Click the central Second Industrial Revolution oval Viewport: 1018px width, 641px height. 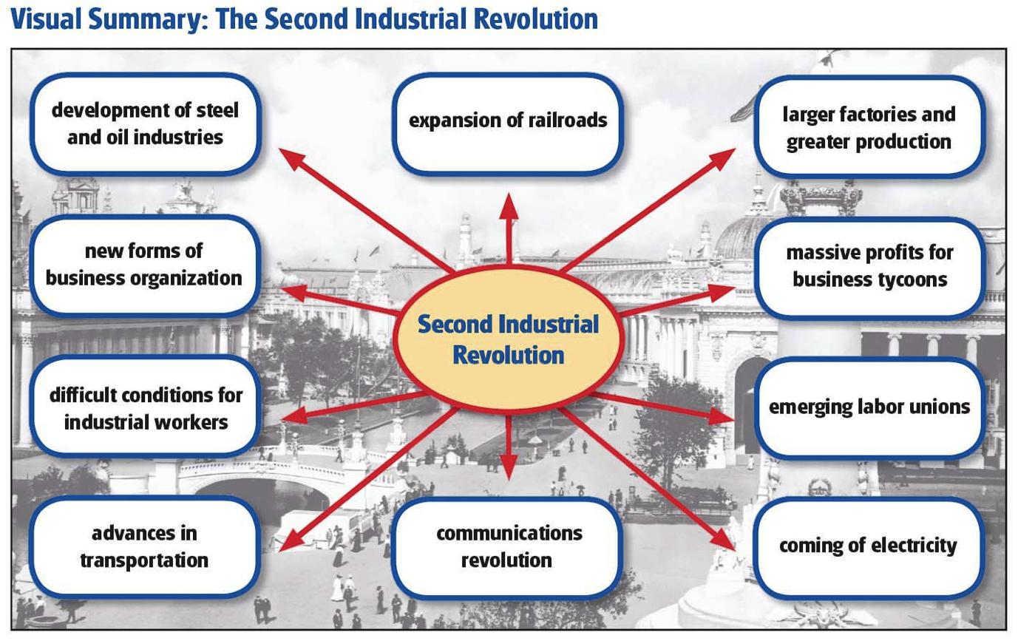tap(508, 339)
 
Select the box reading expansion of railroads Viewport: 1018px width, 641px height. tap(508, 123)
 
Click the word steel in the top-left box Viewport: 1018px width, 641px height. tap(217, 110)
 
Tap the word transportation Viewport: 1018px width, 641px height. tap(144, 560)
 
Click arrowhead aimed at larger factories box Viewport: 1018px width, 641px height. tap(723, 159)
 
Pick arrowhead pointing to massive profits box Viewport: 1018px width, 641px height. tap(722, 292)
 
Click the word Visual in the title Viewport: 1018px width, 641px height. tap(46, 19)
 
